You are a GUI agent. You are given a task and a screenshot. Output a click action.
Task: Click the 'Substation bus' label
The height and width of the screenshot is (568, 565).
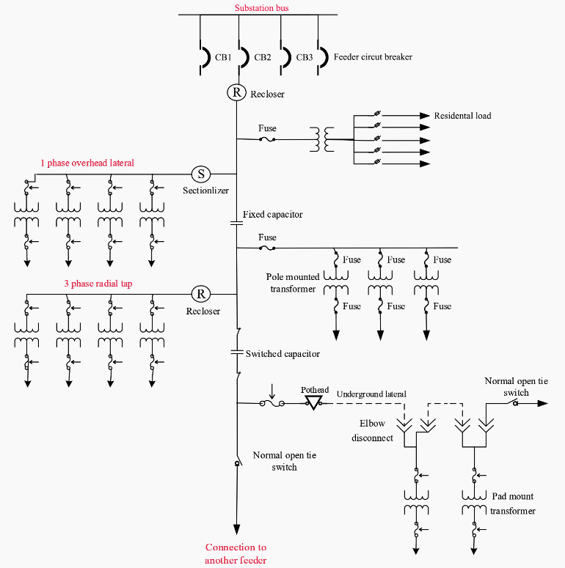tap(262, 8)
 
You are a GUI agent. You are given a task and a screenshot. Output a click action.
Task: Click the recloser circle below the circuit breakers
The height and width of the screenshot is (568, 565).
tap(236, 92)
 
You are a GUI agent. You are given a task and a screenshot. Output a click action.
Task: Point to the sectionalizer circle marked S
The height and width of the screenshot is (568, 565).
tap(200, 174)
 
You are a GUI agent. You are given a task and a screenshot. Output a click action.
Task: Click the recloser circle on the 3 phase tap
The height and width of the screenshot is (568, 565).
tap(200, 294)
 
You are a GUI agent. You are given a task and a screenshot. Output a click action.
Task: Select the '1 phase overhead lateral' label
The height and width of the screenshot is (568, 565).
tap(87, 163)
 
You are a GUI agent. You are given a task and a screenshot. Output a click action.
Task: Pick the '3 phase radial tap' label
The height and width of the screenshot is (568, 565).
tap(98, 284)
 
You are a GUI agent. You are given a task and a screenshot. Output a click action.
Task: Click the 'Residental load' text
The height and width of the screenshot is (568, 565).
tap(462, 116)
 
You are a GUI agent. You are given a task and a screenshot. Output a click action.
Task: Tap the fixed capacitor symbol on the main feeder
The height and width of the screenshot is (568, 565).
tap(236, 220)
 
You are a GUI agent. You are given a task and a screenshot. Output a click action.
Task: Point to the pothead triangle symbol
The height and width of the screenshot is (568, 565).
tap(313, 402)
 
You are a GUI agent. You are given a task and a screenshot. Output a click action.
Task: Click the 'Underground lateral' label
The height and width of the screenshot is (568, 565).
tap(371, 394)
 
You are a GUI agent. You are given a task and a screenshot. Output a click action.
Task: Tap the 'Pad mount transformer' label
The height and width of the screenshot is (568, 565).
tap(513, 504)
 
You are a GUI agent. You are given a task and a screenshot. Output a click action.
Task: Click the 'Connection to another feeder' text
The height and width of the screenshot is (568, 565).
tap(236, 553)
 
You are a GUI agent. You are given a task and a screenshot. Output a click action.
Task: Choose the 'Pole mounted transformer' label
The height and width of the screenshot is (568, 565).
tap(293, 283)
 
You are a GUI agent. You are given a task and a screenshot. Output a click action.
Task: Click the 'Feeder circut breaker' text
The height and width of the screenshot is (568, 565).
tap(373, 56)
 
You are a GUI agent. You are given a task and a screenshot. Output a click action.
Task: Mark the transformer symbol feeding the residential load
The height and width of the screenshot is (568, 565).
tap(318, 139)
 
